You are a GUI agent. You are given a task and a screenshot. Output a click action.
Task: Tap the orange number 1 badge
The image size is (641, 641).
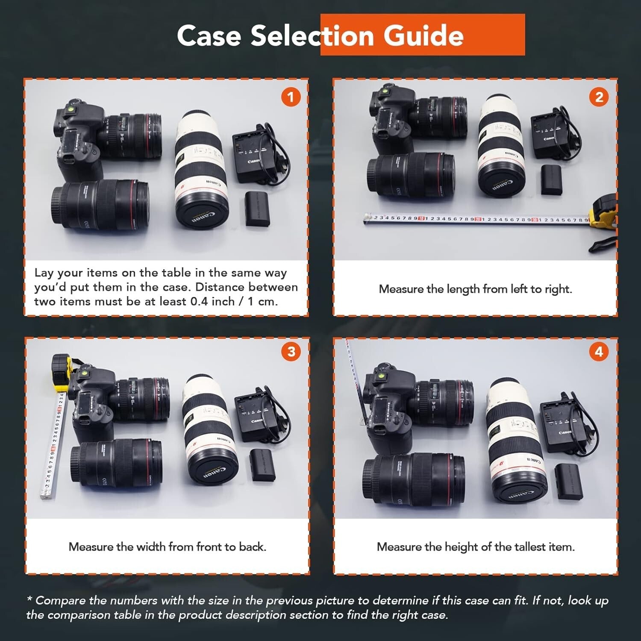(291, 97)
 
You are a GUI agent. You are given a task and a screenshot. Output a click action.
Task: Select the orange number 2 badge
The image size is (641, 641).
(599, 97)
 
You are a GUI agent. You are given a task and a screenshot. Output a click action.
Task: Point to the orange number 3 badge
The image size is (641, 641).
(291, 351)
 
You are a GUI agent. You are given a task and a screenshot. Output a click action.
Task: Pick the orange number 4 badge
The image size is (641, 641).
(599, 351)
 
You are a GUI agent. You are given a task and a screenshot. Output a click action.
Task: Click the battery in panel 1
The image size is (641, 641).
(259, 209)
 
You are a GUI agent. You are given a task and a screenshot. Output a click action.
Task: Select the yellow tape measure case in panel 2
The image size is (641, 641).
(603, 214)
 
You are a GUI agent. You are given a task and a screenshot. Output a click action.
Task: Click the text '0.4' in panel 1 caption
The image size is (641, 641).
(200, 301)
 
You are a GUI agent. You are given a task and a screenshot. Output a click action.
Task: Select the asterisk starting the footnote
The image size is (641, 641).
(29, 600)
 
